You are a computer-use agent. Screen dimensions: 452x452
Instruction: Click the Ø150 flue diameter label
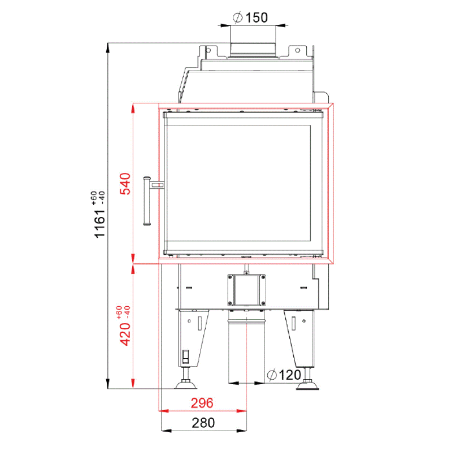(x=250, y=18)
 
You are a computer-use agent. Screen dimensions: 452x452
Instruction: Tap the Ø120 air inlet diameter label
(x=284, y=375)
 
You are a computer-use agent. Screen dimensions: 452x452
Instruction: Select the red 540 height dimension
(x=125, y=184)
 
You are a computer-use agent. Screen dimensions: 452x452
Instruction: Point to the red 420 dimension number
(x=125, y=334)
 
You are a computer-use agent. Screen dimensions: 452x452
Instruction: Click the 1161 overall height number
(x=100, y=224)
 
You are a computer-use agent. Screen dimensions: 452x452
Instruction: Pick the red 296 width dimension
(x=202, y=403)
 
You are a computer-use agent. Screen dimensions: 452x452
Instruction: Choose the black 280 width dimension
(x=203, y=423)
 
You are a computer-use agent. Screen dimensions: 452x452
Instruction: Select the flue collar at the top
(x=253, y=50)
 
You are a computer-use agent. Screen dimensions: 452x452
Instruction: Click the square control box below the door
(x=246, y=290)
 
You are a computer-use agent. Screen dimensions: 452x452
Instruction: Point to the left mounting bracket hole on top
(x=208, y=50)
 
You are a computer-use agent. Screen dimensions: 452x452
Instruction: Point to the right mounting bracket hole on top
(x=298, y=50)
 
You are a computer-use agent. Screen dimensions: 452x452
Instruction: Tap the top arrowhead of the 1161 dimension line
(x=108, y=48)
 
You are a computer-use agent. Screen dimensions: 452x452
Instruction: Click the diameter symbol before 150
(x=237, y=18)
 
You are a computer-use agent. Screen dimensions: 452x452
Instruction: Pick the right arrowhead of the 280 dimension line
(x=242, y=431)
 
